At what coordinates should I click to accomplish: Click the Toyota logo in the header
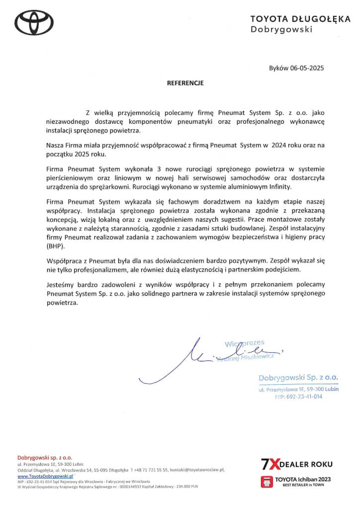[33, 22]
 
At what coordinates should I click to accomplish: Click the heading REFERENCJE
[185, 84]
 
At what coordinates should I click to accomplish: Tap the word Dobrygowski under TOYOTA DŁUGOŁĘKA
[281, 29]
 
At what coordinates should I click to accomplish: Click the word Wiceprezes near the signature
[245, 343]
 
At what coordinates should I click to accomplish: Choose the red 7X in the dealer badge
[270, 464]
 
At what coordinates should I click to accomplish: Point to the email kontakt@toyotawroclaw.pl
[197, 469]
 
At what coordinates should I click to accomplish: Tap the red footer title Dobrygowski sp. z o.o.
[45, 457]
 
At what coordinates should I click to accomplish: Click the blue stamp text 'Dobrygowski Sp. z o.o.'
[298, 378]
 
